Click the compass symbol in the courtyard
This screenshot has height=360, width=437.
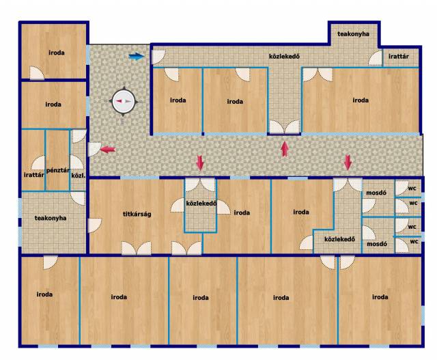click(124, 102)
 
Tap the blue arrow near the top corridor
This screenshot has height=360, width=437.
click(137, 57)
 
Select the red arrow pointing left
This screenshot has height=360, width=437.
click(108, 150)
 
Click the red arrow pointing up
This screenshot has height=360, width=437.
click(285, 149)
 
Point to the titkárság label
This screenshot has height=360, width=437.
click(137, 214)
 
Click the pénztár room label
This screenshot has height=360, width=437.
click(58, 170)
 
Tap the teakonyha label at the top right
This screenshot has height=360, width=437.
click(353, 34)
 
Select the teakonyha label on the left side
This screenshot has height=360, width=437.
click(51, 218)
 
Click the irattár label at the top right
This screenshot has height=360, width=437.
click(399, 56)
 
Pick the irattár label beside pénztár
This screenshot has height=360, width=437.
click(33, 175)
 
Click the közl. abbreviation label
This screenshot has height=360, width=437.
click(79, 176)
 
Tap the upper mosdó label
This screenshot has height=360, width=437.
click(376, 193)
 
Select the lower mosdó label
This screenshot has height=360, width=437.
click(377, 244)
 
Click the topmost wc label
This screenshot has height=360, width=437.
click(412, 189)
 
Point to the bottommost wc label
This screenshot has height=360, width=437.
click(414, 242)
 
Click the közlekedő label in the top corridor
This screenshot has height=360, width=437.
click(284, 56)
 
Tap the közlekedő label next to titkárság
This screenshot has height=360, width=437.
click(201, 204)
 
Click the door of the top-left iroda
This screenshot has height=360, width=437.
click(37, 73)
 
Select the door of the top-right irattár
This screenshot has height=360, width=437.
click(376, 58)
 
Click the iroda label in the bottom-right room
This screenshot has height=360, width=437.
click(380, 297)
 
